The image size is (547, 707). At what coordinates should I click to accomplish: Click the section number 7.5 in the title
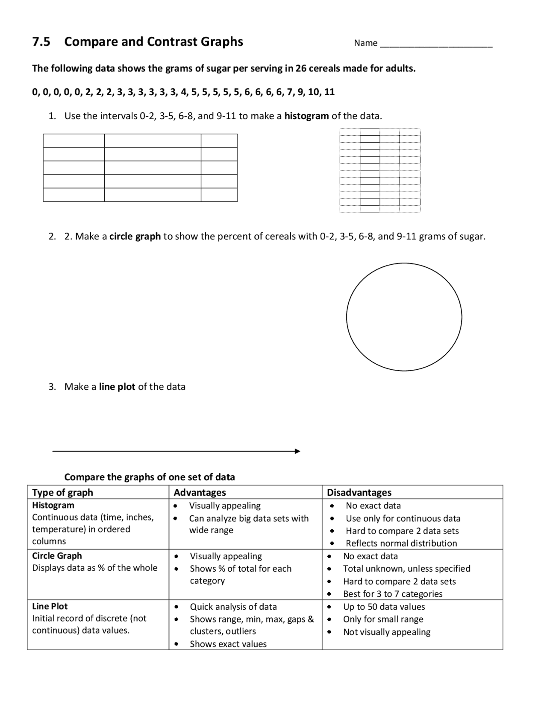41,42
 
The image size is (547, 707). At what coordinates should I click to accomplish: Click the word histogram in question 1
306,116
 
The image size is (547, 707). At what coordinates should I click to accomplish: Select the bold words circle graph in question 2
135,237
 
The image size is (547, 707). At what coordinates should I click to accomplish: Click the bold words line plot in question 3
117,387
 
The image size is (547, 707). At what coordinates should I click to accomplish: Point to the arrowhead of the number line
298,451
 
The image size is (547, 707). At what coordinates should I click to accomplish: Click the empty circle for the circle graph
404,317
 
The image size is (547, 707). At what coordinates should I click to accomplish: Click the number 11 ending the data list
329,92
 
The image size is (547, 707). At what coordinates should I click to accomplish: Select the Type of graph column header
62,492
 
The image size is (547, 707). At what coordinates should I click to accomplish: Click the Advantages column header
200,492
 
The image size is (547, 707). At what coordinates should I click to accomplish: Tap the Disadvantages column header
359,492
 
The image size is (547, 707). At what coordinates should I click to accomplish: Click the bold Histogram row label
53,505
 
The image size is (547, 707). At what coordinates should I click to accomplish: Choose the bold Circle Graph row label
57,556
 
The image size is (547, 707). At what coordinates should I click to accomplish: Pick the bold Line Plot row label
50,606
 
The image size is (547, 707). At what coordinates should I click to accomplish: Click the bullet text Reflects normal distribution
401,543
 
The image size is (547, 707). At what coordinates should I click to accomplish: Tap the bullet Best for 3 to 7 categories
392,594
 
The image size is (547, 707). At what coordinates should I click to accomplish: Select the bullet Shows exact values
228,644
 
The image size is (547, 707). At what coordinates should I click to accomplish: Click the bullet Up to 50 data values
384,607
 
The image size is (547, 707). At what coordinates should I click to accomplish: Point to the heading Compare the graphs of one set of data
149,477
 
